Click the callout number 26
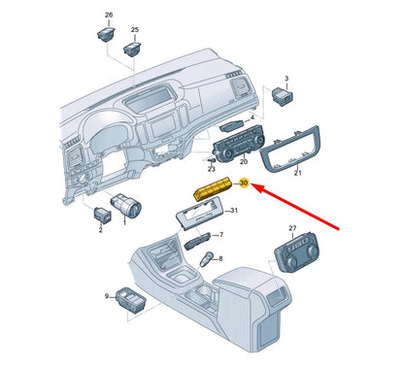click(x=109, y=15)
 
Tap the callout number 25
click(x=135, y=30)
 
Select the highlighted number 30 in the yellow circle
click(x=244, y=183)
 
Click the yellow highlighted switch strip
click(x=213, y=188)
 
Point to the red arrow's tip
click(x=252, y=184)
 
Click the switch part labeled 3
click(x=283, y=95)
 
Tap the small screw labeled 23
click(x=212, y=160)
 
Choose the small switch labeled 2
click(x=102, y=215)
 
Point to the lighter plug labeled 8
click(x=206, y=259)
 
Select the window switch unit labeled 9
click(x=131, y=299)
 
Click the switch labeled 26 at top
click(x=106, y=34)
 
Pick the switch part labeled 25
click(x=132, y=49)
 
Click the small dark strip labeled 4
click(x=232, y=125)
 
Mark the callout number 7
click(x=221, y=234)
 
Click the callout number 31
click(x=234, y=211)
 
